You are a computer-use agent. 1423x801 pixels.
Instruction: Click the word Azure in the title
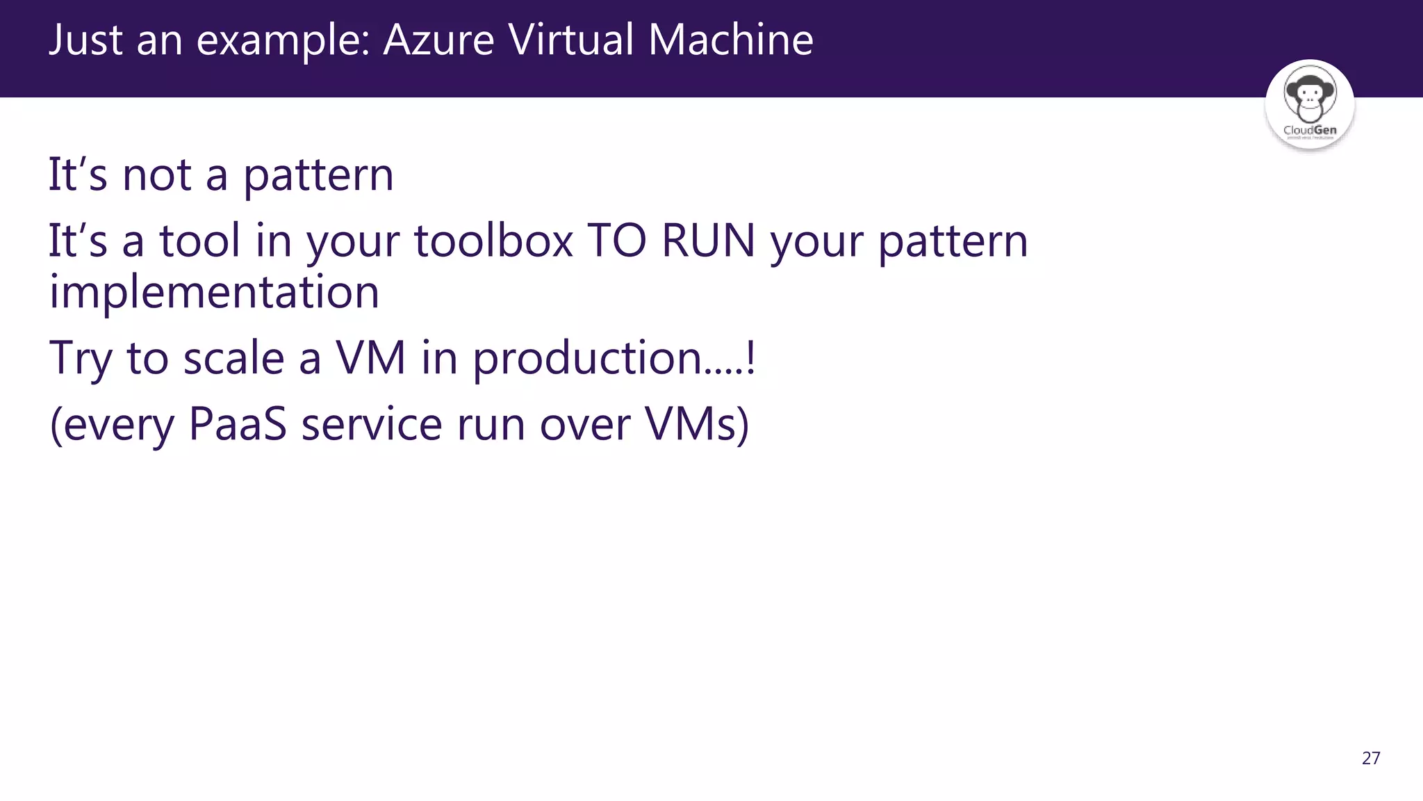pos(438,40)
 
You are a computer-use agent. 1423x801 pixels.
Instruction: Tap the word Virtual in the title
pos(570,40)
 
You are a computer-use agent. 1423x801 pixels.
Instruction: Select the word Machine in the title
pos(730,40)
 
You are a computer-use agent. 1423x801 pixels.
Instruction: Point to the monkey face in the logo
pos(1309,95)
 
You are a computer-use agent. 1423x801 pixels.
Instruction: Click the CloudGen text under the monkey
pos(1310,130)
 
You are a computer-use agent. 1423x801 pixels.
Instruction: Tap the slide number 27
pos(1371,758)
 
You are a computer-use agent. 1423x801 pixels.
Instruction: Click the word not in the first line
pos(157,175)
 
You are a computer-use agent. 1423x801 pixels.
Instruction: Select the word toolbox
pos(493,241)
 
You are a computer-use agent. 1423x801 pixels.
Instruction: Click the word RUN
pos(708,241)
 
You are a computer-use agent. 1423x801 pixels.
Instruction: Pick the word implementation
pos(214,292)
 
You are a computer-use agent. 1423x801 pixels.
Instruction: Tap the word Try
pos(80,359)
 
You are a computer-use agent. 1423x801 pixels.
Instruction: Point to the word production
pos(588,359)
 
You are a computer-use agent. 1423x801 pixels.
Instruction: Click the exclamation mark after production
pos(750,357)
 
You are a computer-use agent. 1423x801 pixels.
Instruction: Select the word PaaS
pos(237,423)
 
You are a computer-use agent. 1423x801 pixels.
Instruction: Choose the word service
pos(371,423)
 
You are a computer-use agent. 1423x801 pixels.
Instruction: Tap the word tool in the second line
pos(200,241)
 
